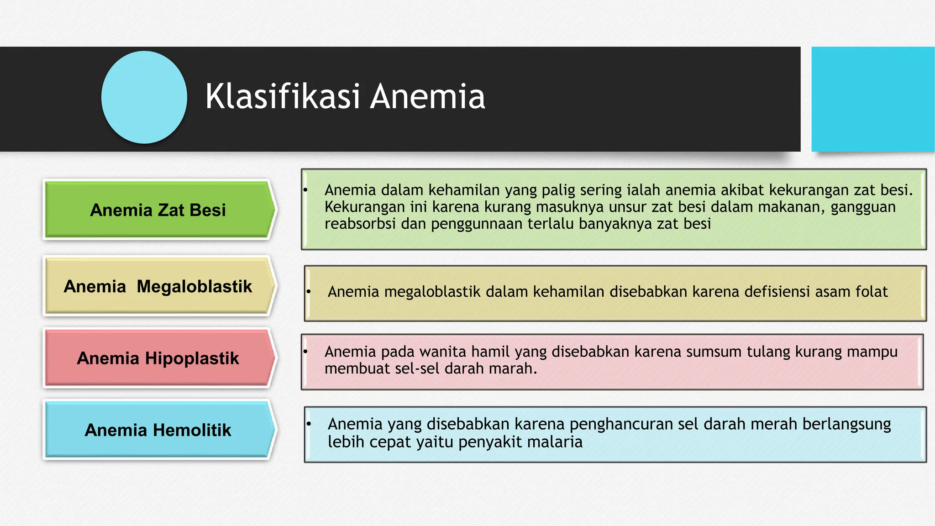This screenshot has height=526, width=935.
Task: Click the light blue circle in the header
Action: pos(144,97)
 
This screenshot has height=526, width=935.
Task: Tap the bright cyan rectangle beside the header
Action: pos(872,99)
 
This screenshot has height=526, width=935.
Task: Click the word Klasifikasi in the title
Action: pos(283,96)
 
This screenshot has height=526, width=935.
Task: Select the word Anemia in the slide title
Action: pos(427,96)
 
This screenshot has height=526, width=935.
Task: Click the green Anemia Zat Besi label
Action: pos(158,210)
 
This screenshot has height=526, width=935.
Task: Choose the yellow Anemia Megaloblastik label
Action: pos(158,286)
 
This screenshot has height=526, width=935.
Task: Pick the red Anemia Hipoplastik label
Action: pos(158,358)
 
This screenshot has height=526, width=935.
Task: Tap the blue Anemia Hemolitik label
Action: pos(158,430)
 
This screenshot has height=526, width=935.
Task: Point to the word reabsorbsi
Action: pos(360,224)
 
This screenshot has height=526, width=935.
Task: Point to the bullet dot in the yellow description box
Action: pos(309,291)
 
